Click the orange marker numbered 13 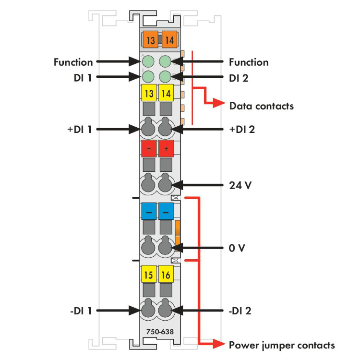(150, 40)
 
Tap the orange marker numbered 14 (168, 40)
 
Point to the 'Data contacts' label (261, 106)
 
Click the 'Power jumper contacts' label (282, 345)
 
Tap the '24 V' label (240, 185)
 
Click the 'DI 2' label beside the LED (239, 77)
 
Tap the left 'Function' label (73, 62)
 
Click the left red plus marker (149, 149)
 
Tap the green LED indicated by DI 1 (148, 76)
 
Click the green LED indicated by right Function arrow (165, 61)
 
